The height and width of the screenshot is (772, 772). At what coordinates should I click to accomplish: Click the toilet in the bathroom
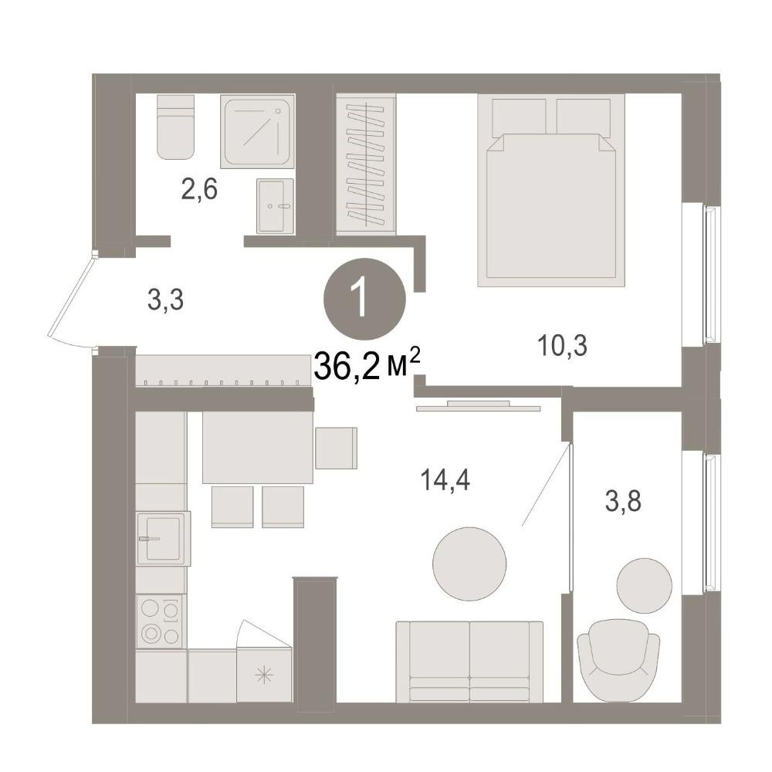pos(175,127)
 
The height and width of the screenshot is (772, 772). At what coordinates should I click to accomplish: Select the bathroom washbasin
pos(276,206)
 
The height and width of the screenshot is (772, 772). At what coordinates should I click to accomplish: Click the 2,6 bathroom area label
pos(199,190)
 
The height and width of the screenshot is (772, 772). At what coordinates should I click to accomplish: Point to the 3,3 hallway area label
pos(166,300)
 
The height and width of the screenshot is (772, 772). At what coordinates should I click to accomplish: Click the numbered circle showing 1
pos(365,300)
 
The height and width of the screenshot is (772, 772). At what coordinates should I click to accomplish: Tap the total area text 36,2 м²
pos(367,365)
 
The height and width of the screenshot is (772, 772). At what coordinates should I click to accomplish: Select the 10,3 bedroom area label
pos(563,346)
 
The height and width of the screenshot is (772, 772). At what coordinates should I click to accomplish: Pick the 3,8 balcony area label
pos(623,503)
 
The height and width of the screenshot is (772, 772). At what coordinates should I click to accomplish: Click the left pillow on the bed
pos(519,116)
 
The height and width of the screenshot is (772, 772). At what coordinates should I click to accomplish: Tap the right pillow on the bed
pos(584,116)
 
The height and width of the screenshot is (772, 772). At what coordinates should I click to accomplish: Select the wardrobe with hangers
pos(366,164)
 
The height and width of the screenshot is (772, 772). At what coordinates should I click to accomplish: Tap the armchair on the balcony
pos(618,661)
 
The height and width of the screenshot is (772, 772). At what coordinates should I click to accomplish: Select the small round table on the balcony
pos(644,586)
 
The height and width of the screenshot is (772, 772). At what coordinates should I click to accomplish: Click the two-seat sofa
pos(469,662)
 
